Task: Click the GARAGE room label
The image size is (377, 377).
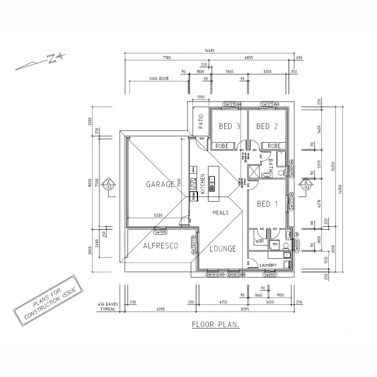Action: coord(160,184)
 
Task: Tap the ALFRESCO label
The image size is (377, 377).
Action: coord(160,246)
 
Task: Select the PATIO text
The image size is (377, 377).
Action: coord(201,122)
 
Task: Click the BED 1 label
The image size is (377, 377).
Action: coord(267,204)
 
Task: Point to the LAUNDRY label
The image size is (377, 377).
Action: coord(268,265)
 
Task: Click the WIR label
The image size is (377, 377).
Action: coord(259,241)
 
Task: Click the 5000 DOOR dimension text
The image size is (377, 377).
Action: coord(158,79)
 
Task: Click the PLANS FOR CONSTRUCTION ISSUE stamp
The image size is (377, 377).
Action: coord(50,300)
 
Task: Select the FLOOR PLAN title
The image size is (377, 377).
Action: coord(216,325)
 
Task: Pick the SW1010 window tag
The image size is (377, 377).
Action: coord(161,232)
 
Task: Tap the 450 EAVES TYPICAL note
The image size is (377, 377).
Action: coord(108,306)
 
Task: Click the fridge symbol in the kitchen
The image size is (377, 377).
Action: coord(192,196)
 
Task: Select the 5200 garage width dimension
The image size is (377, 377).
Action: coord(158,215)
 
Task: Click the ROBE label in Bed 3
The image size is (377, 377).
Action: coord(222,146)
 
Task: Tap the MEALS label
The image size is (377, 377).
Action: coord(221,213)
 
